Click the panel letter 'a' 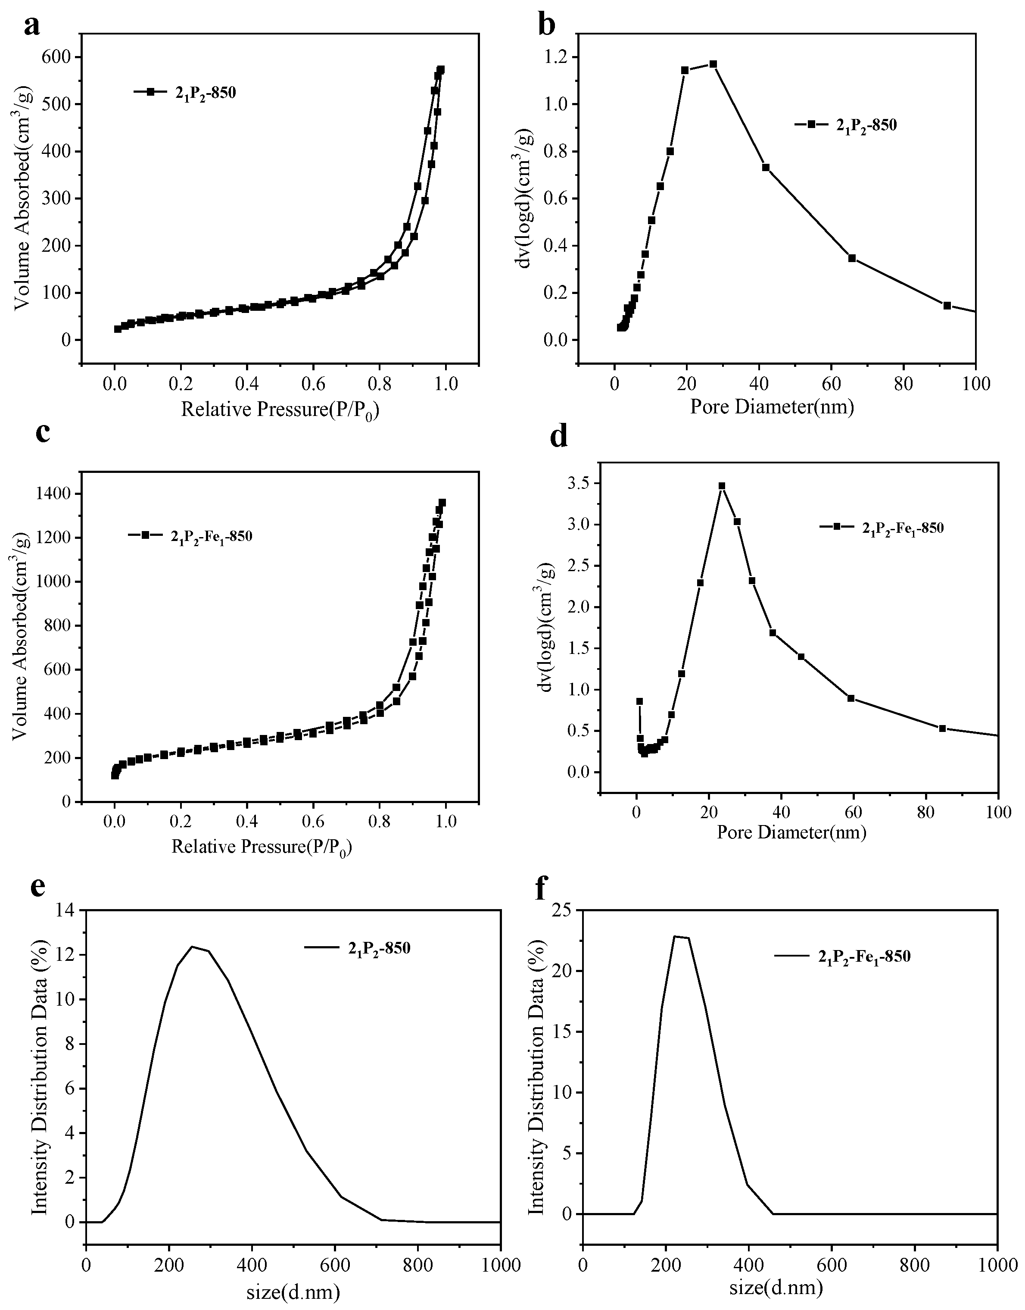click(32, 26)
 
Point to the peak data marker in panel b click(713, 64)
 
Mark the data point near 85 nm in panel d click(942, 728)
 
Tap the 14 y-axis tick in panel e click(66, 910)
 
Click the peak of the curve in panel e click(192, 947)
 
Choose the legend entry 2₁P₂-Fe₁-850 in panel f click(864, 957)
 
